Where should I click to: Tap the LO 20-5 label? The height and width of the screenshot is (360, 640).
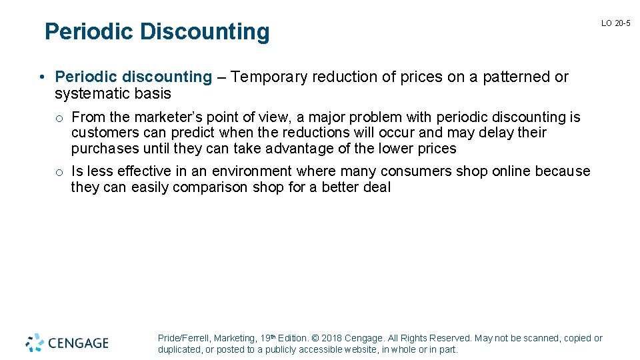coord(615,23)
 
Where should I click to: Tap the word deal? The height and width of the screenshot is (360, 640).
coord(377,187)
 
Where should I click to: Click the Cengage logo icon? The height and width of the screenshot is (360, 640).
coord(35,343)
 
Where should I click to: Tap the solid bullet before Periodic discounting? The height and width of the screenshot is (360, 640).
coord(41,77)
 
